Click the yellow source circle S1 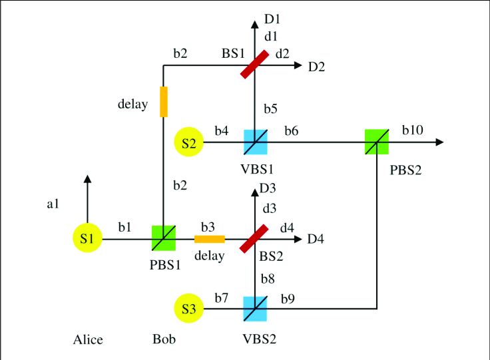coord(87,239)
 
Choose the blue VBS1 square coord(255,142)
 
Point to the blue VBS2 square coord(255,309)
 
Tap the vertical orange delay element coord(164,101)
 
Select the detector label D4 coord(316,239)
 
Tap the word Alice coord(88,340)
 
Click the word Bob coord(163,340)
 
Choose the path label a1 coord(54,205)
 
